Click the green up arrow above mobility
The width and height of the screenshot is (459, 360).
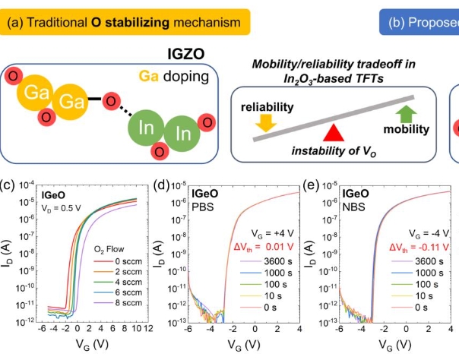[x=407, y=115]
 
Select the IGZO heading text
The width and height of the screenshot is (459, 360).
[x=186, y=55]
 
